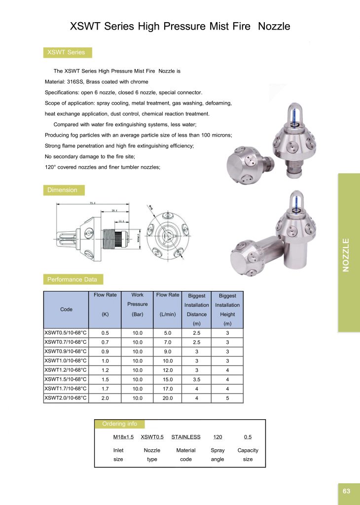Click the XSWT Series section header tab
[66, 52]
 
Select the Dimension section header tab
[62, 190]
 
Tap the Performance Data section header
[72, 280]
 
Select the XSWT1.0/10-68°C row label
[66, 361]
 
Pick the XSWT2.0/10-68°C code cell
[66, 397]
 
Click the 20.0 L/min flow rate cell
[168, 397]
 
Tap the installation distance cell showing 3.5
[197, 379]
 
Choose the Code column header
[66, 309]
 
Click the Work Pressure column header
[137, 304]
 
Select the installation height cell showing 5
[227, 397]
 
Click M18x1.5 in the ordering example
[123, 437]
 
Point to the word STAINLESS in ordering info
[186, 437]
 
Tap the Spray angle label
[217, 455]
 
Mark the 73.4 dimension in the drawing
[92, 203]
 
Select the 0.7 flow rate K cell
[105, 342]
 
